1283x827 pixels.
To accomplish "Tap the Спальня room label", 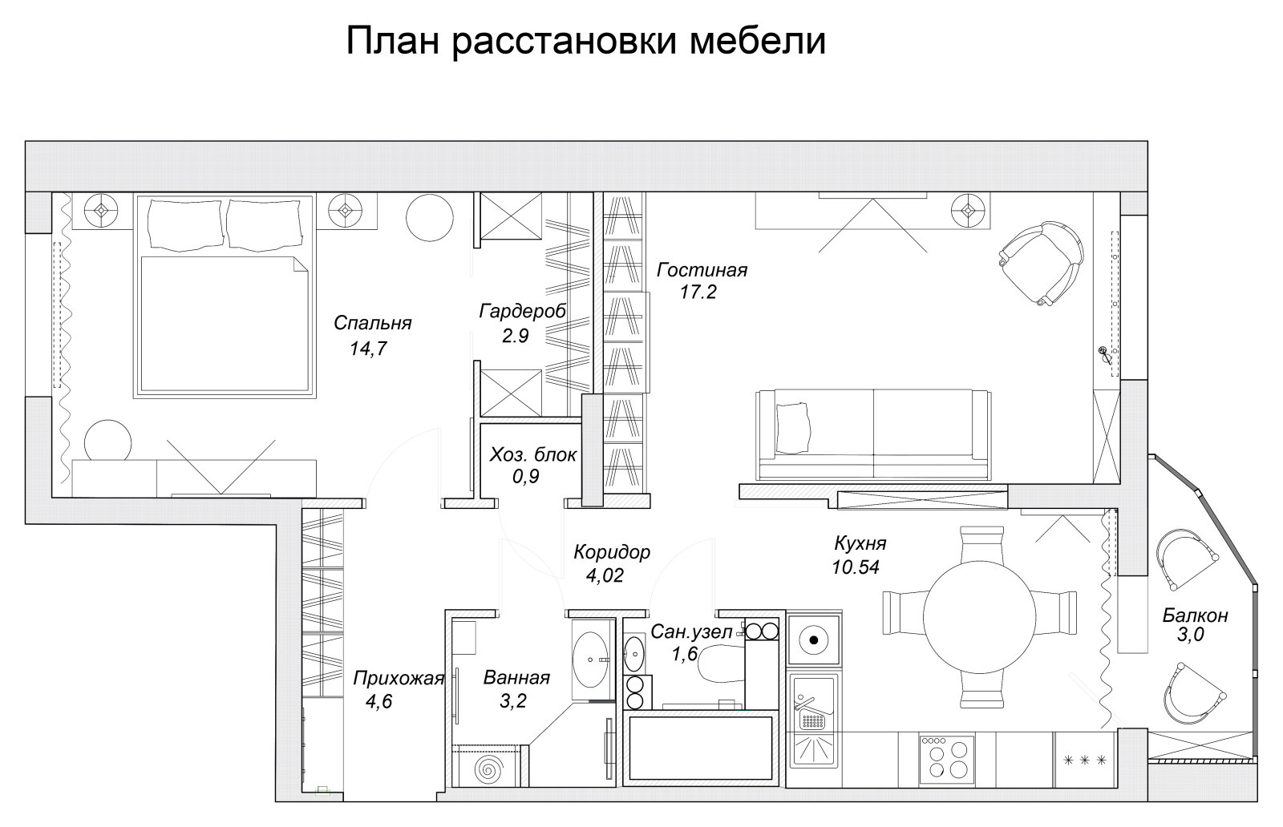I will pyautogui.click(x=372, y=323).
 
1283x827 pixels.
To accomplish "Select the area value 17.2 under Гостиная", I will pyautogui.click(x=697, y=292).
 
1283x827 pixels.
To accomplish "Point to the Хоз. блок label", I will pyautogui.click(x=532, y=455).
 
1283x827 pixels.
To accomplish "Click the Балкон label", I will pyautogui.click(x=1195, y=615).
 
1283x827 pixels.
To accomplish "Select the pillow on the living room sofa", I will pyautogui.click(x=793, y=428).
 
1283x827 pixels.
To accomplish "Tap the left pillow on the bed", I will pyautogui.click(x=185, y=224).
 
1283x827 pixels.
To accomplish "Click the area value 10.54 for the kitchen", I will pyautogui.click(x=856, y=567).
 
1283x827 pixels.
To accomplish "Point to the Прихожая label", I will pyautogui.click(x=399, y=680).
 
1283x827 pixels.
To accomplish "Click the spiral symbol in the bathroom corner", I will pyautogui.click(x=487, y=770).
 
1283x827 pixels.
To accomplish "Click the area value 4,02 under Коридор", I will pyautogui.click(x=605, y=575).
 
